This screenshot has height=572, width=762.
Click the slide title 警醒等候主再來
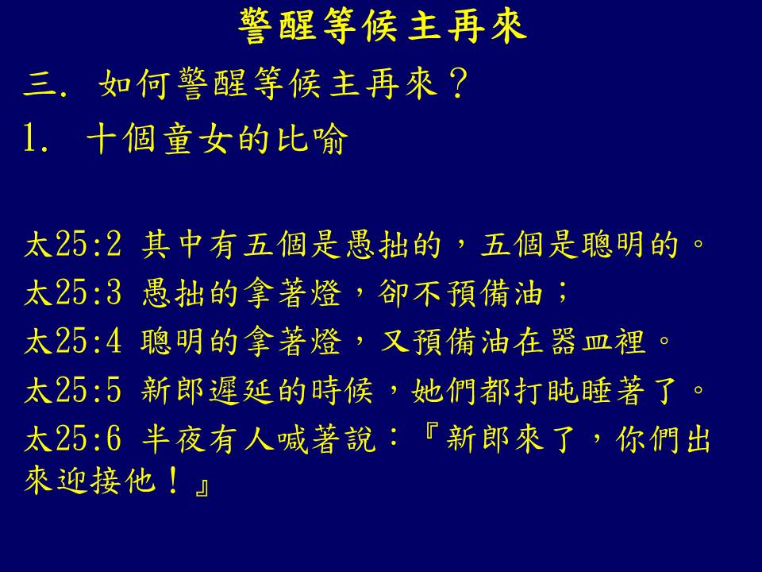[x=383, y=27]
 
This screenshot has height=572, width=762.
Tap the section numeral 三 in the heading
[x=40, y=85]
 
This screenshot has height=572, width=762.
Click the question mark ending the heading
[x=458, y=83]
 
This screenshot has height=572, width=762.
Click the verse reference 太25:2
[x=73, y=244]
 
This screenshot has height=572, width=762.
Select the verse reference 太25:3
[x=73, y=293]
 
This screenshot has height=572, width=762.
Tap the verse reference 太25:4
[x=73, y=342]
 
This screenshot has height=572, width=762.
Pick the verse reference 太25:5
[x=73, y=390]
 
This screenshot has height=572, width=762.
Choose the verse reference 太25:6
[x=73, y=439]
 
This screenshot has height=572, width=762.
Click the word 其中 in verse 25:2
[x=172, y=244]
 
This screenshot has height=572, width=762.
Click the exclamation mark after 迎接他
[x=172, y=481]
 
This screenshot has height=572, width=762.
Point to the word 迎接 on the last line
[x=89, y=481]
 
